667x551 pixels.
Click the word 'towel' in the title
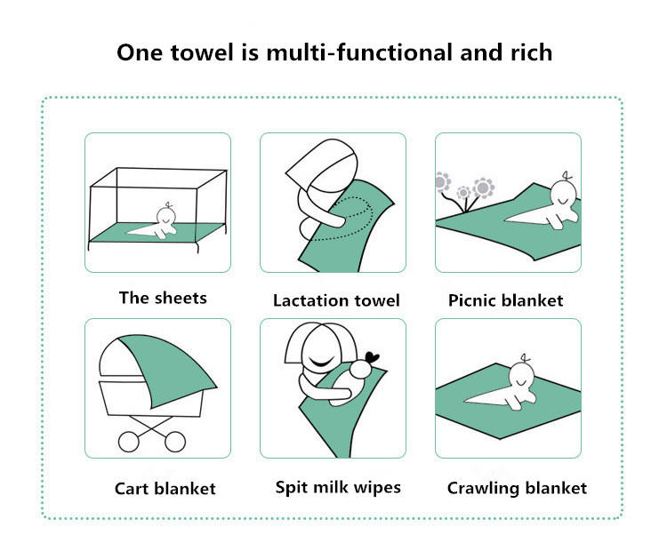coord(202,52)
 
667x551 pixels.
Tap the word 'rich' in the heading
coord(531,52)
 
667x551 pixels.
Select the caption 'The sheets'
coord(163,298)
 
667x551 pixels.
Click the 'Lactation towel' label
coord(336,300)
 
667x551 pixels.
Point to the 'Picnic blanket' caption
coord(506,300)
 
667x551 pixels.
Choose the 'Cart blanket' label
coord(165,489)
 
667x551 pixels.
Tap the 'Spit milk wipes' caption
coord(338,487)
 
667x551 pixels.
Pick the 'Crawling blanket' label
coord(517,488)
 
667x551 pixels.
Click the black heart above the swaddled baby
coord(373,357)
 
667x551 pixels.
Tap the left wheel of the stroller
coord(128,442)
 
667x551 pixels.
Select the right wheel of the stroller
coord(175,442)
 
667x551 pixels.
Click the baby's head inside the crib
coord(166,216)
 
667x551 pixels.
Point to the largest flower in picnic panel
coord(484,188)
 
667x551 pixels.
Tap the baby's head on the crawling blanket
coord(521,376)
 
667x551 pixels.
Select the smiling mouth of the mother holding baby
coord(322,363)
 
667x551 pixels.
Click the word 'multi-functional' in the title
coord(359,52)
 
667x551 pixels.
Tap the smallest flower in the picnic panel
coord(463,193)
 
